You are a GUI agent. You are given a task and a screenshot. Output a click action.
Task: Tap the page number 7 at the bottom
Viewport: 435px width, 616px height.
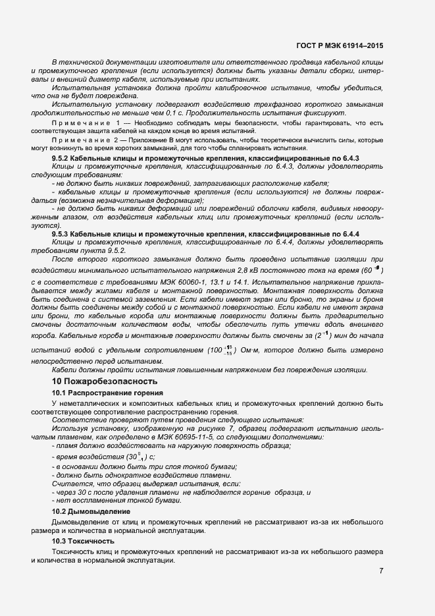pos(381,571)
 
